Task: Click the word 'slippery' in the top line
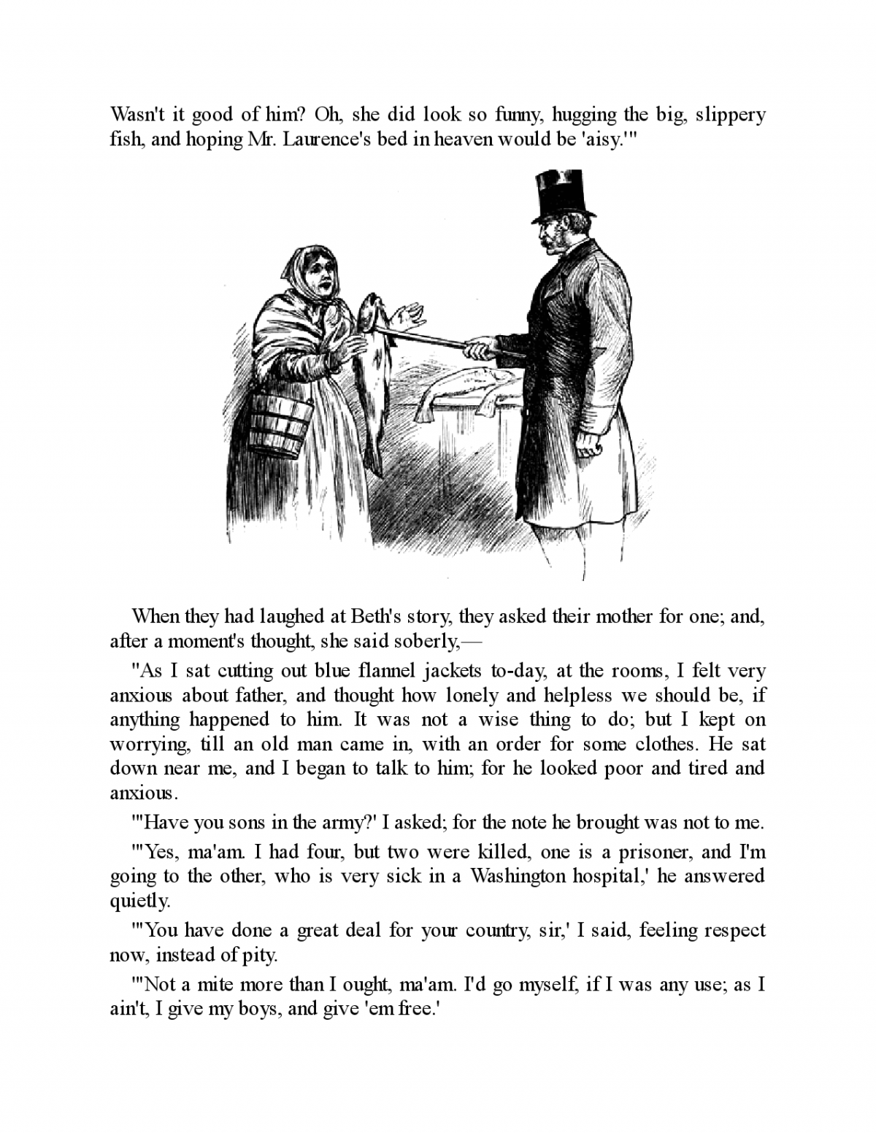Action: [730, 115]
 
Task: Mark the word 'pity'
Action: [260, 955]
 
